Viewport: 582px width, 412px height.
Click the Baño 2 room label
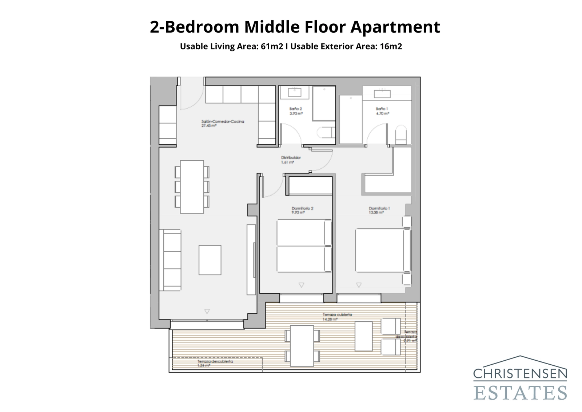(x=295, y=109)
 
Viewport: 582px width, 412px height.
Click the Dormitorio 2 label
(x=302, y=208)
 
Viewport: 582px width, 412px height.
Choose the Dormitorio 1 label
(x=379, y=208)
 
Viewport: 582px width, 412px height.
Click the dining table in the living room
(x=192, y=187)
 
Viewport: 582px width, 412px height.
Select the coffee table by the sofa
(x=210, y=260)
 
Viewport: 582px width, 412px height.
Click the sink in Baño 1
(x=382, y=94)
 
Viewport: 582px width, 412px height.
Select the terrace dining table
(x=302, y=346)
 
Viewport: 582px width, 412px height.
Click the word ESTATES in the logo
(x=520, y=393)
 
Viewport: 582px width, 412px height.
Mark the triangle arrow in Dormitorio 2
(x=301, y=285)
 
